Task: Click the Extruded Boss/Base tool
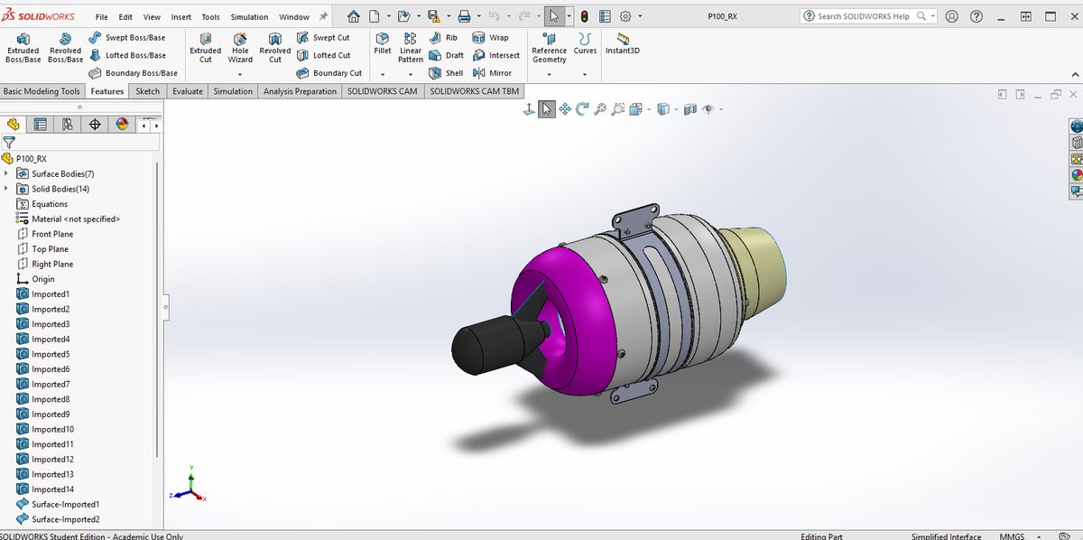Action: click(23, 48)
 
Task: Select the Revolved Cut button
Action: click(274, 48)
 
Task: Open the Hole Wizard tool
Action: click(240, 48)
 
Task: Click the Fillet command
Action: click(382, 43)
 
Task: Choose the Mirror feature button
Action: click(492, 73)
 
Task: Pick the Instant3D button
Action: click(622, 43)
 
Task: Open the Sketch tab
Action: click(147, 91)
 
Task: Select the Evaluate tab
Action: click(188, 91)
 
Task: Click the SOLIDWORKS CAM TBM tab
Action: click(475, 91)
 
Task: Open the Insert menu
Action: click(180, 17)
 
